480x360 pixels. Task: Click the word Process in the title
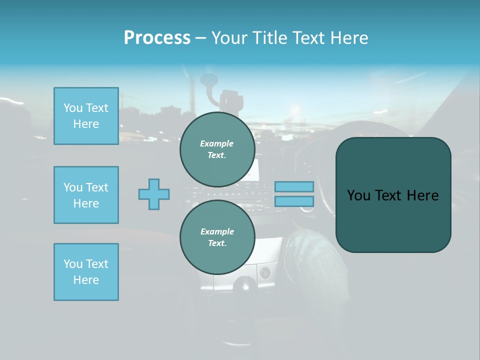coord(157,38)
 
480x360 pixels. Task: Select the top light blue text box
coord(86,116)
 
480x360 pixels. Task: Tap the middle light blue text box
coord(86,195)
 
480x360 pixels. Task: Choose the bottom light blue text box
coord(86,272)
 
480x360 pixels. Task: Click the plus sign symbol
coord(154,194)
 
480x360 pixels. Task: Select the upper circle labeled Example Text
coord(217,149)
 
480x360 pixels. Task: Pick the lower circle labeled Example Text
coord(217,237)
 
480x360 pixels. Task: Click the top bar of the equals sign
coord(294,186)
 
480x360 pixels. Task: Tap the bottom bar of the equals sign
coord(294,201)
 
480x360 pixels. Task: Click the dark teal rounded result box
coord(393,220)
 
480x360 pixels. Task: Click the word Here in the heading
coord(349,38)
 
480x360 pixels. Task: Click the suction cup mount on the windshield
coord(207,80)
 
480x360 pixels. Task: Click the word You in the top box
coord(73,108)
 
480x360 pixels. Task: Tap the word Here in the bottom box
coord(86,280)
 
